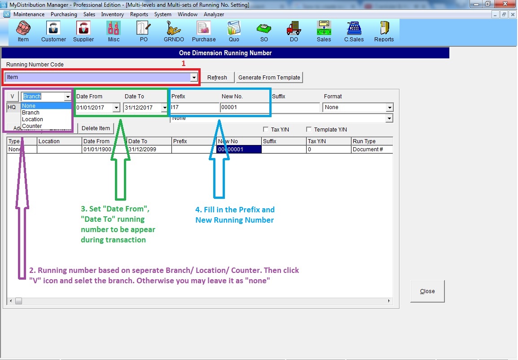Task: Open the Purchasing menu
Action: [x=64, y=14]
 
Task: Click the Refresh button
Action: [x=217, y=78]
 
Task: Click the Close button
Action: [x=427, y=291]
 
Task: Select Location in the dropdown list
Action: [x=32, y=119]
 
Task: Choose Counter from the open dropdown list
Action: [x=32, y=126]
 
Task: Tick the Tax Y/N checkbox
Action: [x=266, y=130]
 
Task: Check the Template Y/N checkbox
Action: [x=309, y=130]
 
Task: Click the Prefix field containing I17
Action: [x=195, y=108]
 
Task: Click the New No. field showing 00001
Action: [x=245, y=108]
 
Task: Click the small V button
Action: [x=13, y=97]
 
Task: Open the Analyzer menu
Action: [x=214, y=14]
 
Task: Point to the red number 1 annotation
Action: [x=183, y=64]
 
